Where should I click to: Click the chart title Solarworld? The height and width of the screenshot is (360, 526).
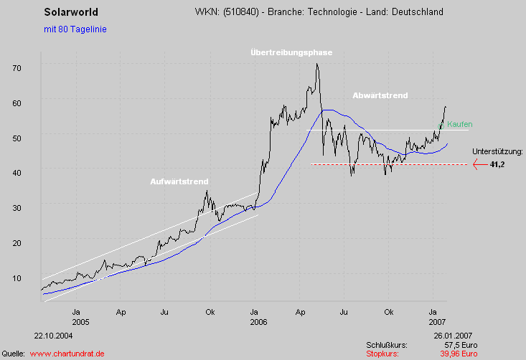click(71, 12)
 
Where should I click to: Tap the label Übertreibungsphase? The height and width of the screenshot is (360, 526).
click(291, 52)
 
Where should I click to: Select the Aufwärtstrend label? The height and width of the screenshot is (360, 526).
click(179, 181)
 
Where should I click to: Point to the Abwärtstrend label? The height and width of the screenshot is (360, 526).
click(380, 95)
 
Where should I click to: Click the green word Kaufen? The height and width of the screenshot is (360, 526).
click(459, 124)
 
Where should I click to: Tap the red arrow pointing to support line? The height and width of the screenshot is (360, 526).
click(479, 164)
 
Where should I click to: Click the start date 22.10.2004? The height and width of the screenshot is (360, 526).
click(52, 335)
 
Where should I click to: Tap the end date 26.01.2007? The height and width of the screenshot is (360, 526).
click(453, 335)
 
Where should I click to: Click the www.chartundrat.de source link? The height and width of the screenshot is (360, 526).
click(67, 354)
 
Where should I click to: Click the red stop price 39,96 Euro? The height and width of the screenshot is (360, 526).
click(459, 354)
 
